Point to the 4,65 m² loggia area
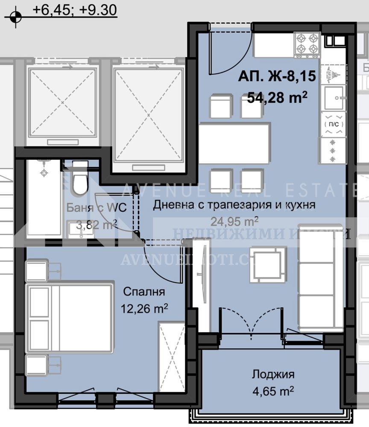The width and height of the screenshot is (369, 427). (273, 390)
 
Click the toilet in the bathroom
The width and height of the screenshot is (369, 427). (80, 179)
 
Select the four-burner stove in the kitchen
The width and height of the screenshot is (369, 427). (307, 44)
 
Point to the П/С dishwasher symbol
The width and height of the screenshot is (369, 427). (333, 124)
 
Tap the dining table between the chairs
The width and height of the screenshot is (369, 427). (234, 143)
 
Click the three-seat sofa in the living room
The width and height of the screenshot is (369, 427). (320, 278)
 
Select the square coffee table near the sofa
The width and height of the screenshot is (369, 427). (268, 265)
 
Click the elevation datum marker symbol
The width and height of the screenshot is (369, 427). (16, 17)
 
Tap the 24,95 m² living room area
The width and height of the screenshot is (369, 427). (234, 221)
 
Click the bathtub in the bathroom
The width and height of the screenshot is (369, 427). (44, 199)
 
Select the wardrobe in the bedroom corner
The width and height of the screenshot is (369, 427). (171, 357)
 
